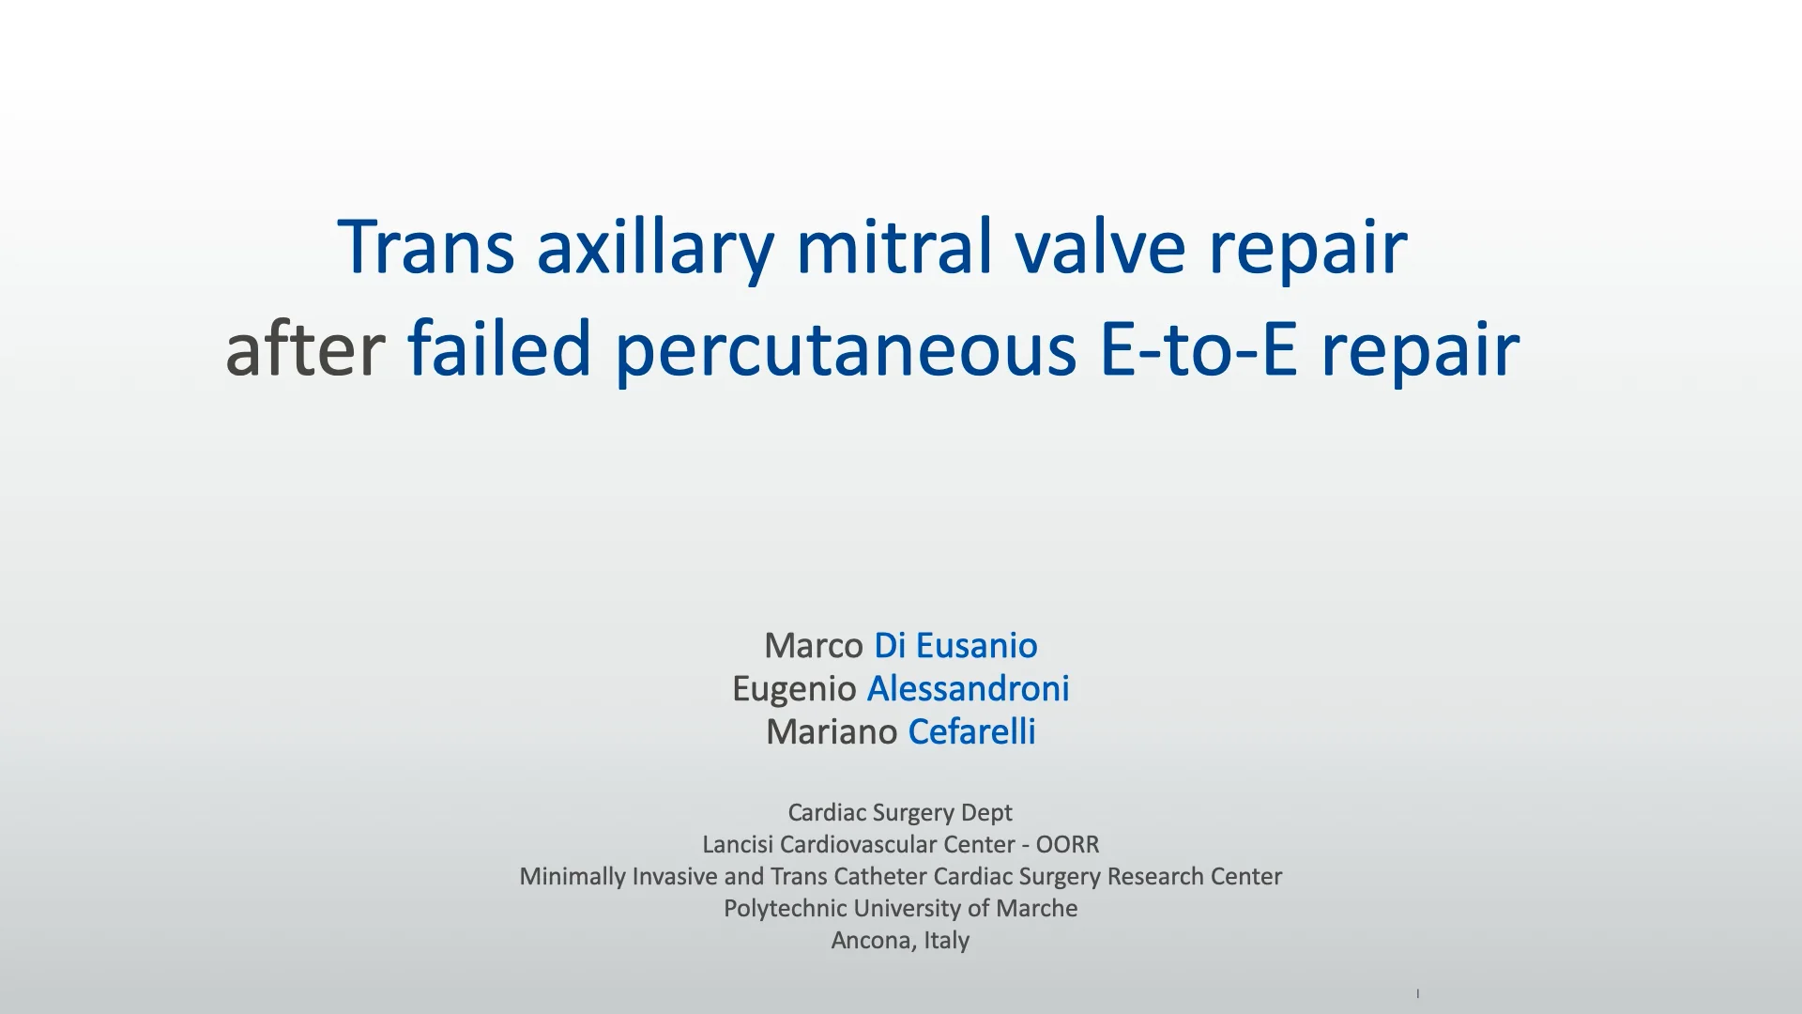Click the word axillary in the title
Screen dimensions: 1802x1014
point(655,248)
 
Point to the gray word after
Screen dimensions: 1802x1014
point(305,347)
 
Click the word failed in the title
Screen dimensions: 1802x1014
point(499,347)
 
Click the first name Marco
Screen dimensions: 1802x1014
point(814,646)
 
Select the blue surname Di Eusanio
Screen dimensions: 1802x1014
point(955,646)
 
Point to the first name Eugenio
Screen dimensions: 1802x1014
point(794,690)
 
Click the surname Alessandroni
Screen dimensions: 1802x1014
point(968,689)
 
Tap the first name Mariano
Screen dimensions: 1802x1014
point(832,732)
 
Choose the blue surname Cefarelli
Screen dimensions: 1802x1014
point(971,732)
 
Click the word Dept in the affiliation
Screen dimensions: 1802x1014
point(987,813)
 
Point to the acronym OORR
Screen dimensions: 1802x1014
point(1067,845)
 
